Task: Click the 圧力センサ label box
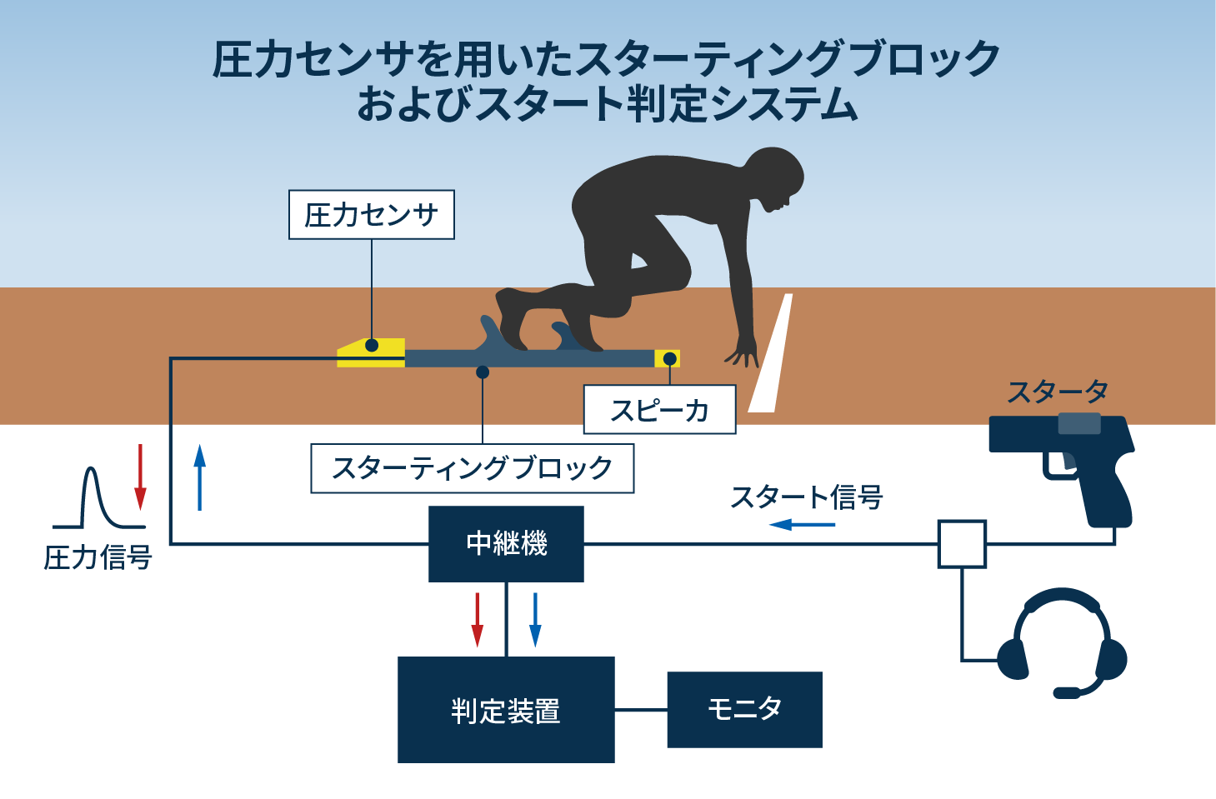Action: click(x=371, y=215)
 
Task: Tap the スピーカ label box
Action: click(x=659, y=410)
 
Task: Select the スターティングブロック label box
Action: click(x=472, y=468)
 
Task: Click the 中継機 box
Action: click(x=506, y=544)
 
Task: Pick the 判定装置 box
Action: click(x=506, y=710)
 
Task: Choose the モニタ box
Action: click(x=744, y=710)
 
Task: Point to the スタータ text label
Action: click(x=1057, y=392)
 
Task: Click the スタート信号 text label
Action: click(x=806, y=497)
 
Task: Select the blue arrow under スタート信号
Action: click(x=802, y=525)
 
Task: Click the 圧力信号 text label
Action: click(x=98, y=557)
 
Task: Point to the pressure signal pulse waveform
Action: click(x=98, y=500)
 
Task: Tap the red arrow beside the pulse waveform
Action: click(x=140, y=477)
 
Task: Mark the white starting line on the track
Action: click(x=771, y=354)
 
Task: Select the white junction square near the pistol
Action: click(x=962, y=544)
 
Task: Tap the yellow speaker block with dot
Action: click(x=668, y=359)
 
